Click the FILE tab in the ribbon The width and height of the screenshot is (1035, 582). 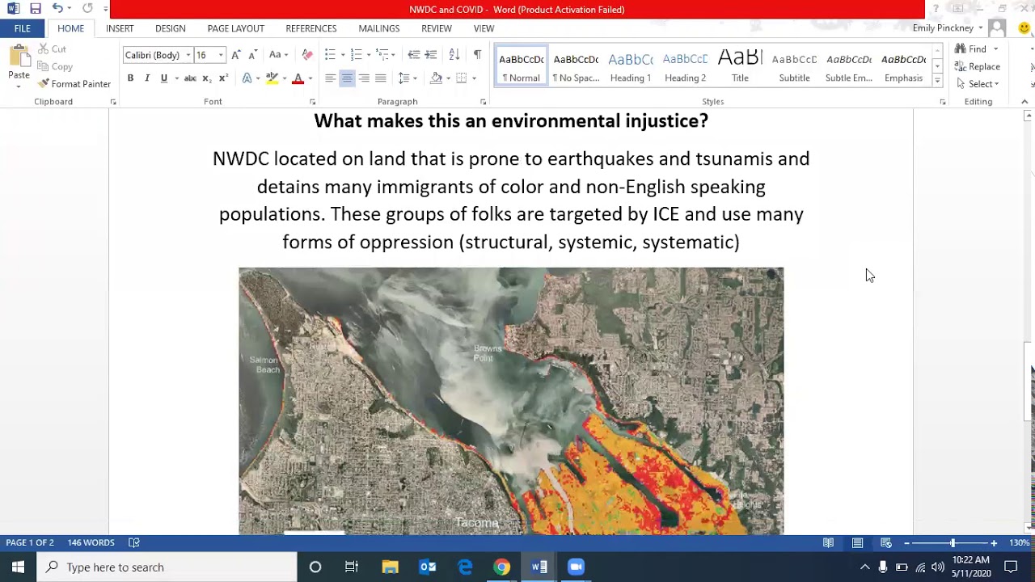22,28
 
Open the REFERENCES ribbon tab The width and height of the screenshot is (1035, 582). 310,28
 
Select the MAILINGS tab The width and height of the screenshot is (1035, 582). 378,28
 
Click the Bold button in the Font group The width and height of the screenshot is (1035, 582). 130,78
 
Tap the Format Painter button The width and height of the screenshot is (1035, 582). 74,84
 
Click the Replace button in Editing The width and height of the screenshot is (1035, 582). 978,66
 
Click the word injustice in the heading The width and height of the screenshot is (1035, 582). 665,121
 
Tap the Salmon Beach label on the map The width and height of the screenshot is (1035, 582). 264,365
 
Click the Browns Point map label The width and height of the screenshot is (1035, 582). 488,353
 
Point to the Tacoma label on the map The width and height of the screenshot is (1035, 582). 476,523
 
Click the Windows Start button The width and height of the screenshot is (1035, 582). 18,567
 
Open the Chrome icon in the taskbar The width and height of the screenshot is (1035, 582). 502,567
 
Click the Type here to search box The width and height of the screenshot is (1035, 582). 170,567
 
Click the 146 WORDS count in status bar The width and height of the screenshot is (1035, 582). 91,542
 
